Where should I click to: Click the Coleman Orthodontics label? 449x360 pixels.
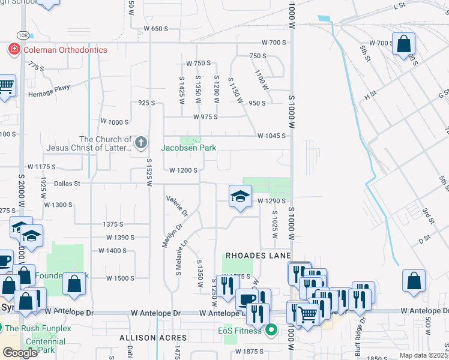click(x=65, y=50)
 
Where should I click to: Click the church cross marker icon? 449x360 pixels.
click(x=141, y=143)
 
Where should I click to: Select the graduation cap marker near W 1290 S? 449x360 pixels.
click(x=240, y=196)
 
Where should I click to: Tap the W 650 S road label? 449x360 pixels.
click(x=155, y=29)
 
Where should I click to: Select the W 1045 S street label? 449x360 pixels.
click(x=271, y=136)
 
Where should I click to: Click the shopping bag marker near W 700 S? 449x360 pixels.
click(x=404, y=44)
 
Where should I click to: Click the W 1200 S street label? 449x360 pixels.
click(x=183, y=170)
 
